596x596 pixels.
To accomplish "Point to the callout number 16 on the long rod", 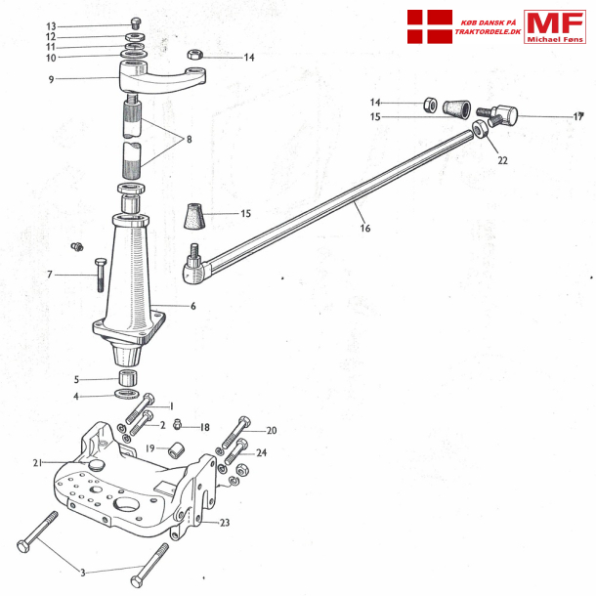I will [x=365, y=229].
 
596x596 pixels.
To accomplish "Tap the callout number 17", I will [x=578, y=117].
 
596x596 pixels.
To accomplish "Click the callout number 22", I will [x=502, y=161].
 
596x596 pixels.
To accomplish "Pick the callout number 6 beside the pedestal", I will [x=192, y=306].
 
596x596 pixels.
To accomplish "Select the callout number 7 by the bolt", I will [x=50, y=276].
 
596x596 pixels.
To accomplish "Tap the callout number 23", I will [x=224, y=523].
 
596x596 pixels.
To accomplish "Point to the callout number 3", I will [x=82, y=572].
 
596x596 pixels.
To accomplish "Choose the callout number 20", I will [x=272, y=430].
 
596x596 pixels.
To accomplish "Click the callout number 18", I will [x=204, y=427].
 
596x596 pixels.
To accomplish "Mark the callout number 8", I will [x=188, y=140].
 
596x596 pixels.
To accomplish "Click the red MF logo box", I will [x=555, y=26].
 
